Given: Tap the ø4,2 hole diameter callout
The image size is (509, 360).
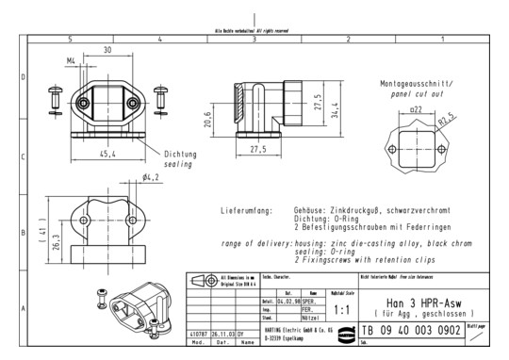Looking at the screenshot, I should (x=151, y=176).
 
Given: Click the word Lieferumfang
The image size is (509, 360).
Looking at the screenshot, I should (x=246, y=210).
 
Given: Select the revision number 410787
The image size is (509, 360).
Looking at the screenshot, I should (x=197, y=333).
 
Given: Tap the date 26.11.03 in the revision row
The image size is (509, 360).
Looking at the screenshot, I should (x=222, y=333).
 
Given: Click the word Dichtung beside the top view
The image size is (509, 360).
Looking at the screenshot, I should (x=181, y=155).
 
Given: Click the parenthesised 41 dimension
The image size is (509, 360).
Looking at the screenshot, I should (x=29, y=230).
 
